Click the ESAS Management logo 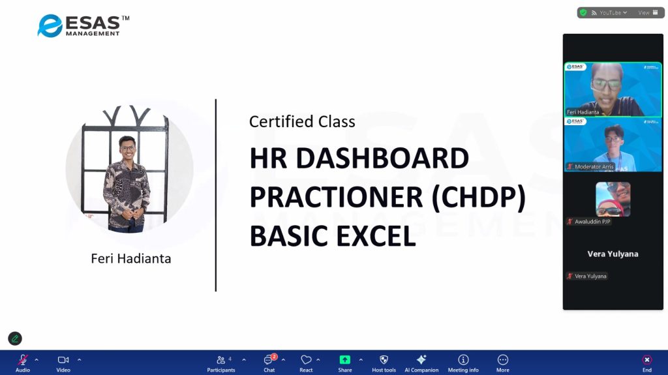pos(83,25)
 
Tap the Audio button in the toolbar pos(23,363)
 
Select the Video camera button pos(63,363)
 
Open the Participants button pos(220,363)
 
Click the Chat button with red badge pos(269,363)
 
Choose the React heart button pos(306,363)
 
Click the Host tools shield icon pos(384,359)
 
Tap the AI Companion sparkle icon pos(421,359)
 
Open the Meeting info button pos(463,363)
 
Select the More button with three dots pos(503,363)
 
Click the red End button pos(646,363)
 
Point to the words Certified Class pos(302,122)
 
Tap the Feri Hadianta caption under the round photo pos(130,259)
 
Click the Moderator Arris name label pos(594,166)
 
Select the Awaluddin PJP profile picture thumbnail pos(613,199)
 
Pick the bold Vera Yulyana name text pos(613,254)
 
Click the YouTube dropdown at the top pos(609,13)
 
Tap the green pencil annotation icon pos(15,338)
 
